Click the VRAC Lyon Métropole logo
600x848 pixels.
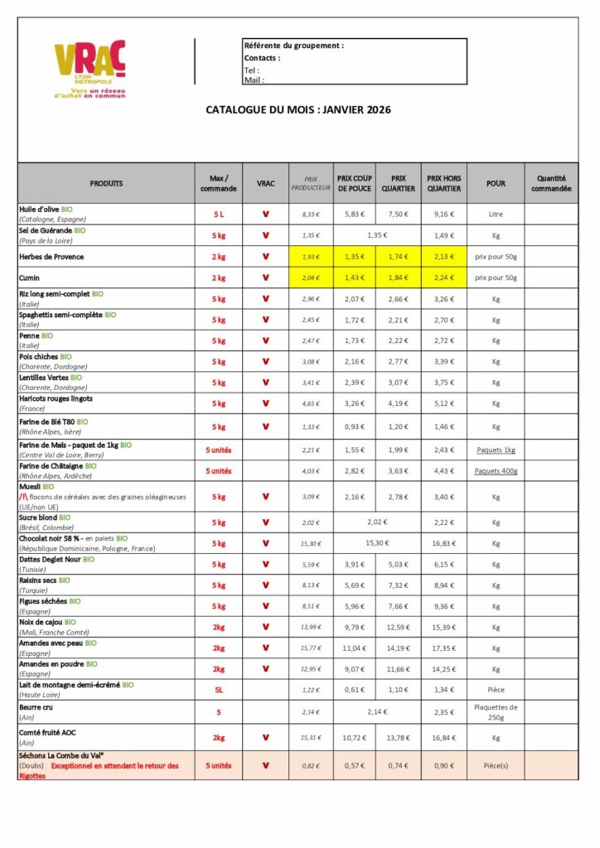90,70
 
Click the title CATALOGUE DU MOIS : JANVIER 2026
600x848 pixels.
298,109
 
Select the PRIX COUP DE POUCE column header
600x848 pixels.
354,183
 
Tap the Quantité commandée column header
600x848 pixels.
551,183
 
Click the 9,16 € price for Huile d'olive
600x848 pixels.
443,214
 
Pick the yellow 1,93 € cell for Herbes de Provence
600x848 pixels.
310,257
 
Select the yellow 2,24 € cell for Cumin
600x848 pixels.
443,278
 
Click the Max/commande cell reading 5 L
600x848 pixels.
219,214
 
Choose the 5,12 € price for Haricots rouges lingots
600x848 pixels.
443,403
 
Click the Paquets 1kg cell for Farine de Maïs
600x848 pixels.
496,450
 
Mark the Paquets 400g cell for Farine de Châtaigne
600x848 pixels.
496,471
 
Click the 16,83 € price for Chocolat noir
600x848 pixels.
443,543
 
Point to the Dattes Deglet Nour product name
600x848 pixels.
51,560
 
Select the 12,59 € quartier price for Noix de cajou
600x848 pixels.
399,627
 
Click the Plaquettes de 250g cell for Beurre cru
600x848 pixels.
496,712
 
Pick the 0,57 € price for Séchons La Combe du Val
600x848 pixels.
354,765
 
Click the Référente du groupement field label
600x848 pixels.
293,46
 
